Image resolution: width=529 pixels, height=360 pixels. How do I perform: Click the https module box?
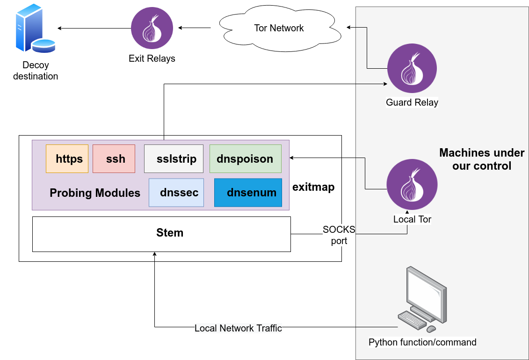click(67, 159)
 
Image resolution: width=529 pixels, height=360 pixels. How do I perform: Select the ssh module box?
click(114, 159)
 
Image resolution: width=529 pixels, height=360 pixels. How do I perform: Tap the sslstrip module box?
click(174, 159)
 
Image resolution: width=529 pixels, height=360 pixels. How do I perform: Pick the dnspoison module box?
click(245, 159)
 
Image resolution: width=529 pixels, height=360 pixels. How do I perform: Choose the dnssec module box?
click(176, 193)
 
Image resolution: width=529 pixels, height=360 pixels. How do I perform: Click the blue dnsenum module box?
click(248, 193)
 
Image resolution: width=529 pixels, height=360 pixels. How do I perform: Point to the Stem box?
click(161, 234)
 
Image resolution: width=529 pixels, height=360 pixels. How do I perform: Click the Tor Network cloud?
click(279, 28)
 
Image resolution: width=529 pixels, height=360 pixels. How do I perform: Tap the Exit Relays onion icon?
click(152, 28)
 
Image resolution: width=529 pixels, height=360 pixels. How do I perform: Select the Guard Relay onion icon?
click(412, 68)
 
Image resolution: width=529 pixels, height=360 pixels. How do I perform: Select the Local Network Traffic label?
click(238, 328)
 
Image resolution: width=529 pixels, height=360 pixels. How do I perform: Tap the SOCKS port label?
click(339, 235)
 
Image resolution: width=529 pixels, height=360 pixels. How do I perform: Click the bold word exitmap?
click(313, 187)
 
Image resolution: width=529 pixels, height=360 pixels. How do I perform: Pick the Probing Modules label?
click(95, 193)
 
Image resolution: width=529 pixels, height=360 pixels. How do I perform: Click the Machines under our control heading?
click(482, 159)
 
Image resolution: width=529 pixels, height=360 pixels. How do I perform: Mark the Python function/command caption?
click(422, 342)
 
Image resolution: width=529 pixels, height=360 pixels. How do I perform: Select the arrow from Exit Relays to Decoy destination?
click(94, 28)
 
